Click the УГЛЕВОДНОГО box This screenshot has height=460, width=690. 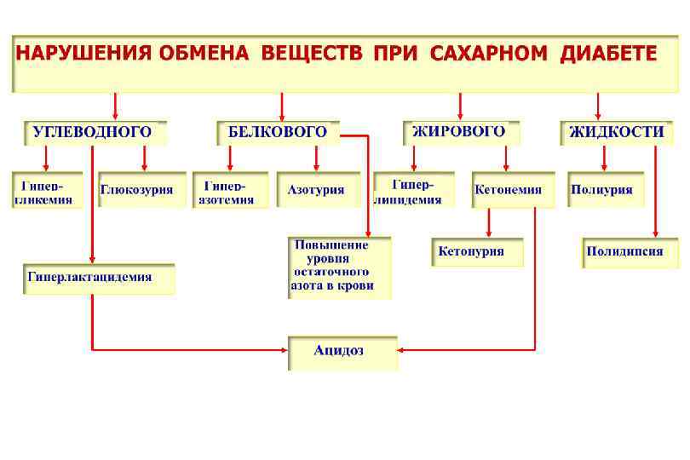[x=93, y=132]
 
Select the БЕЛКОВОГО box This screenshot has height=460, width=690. [x=278, y=132]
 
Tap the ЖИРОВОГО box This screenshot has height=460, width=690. [x=459, y=132]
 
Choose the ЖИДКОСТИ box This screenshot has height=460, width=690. [x=618, y=132]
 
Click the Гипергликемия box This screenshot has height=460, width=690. [x=47, y=190]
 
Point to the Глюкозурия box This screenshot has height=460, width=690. [x=141, y=190]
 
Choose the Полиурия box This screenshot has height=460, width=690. [x=605, y=190]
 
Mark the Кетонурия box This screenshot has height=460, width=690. [x=476, y=252]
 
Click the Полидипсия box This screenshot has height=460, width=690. [x=630, y=252]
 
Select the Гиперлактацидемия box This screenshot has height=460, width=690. [x=99, y=278]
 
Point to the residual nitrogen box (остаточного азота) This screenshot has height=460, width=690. [x=339, y=266]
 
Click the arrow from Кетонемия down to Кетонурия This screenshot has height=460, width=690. [x=488, y=222]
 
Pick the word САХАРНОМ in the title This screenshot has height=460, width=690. [x=489, y=54]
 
